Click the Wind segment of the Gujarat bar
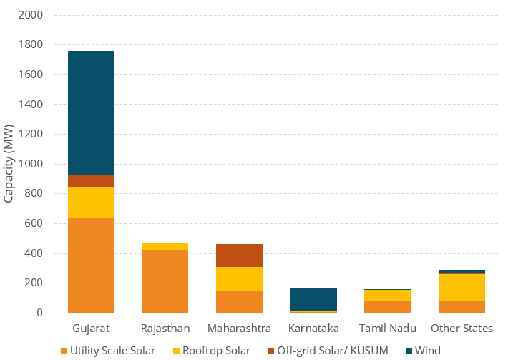(x=91, y=113)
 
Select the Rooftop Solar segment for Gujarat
(x=91, y=203)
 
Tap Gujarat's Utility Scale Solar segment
(x=91, y=266)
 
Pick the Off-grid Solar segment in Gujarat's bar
(x=91, y=181)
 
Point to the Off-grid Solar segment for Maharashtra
(x=239, y=256)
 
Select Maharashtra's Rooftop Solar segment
(x=239, y=278)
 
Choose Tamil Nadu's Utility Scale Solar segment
(x=387, y=306)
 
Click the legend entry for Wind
(x=428, y=351)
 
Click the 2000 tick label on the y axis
(x=34, y=15)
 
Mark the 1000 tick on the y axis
(x=34, y=164)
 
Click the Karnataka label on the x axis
(x=313, y=329)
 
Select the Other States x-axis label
(x=461, y=329)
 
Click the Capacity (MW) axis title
(x=9, y=164)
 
